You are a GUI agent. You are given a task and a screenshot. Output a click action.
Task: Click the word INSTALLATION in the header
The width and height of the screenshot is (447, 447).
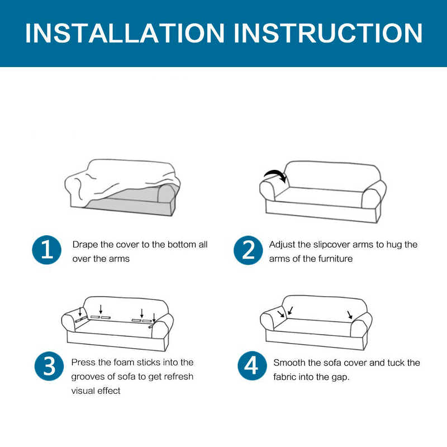tap(125, 33)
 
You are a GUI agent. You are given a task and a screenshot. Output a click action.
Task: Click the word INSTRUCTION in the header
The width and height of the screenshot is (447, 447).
tap(328, 33)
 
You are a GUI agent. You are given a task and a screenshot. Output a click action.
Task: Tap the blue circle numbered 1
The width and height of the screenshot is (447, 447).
tap(47, 250)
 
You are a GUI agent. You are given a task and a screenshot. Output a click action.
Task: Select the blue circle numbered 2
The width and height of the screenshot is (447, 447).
tap(248, 250)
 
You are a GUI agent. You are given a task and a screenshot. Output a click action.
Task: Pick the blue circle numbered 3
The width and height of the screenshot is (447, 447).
tap(49, 366)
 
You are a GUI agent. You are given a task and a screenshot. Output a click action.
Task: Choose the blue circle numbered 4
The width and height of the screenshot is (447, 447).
tap(252, 366)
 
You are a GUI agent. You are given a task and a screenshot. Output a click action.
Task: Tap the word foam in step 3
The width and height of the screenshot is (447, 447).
tap(124, 362)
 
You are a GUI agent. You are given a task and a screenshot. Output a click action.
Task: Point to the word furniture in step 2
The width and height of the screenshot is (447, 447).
tap(335, 259)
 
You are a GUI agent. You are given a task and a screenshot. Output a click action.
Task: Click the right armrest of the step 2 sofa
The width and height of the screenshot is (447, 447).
tap(373, 194)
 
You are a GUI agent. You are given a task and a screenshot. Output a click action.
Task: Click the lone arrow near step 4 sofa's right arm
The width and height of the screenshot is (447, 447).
tap(350, 315)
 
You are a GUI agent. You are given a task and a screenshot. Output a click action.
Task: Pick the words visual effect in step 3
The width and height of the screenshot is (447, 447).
tap(96, 391)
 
